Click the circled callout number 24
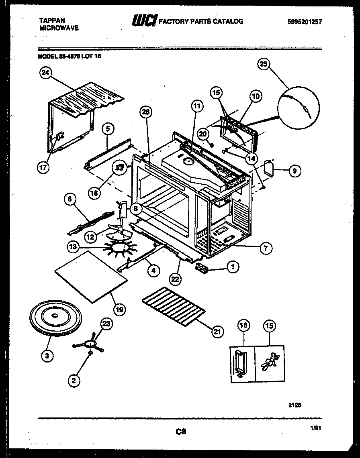click(x=46, y=73)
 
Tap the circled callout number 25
click(x=264, y=65)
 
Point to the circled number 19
click(x=120, y=309)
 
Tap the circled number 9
click(x=295, y=171)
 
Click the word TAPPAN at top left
click(x=52, y=20)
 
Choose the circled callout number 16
click(x=244, y=326)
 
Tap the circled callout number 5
click(x=108, y=129)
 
